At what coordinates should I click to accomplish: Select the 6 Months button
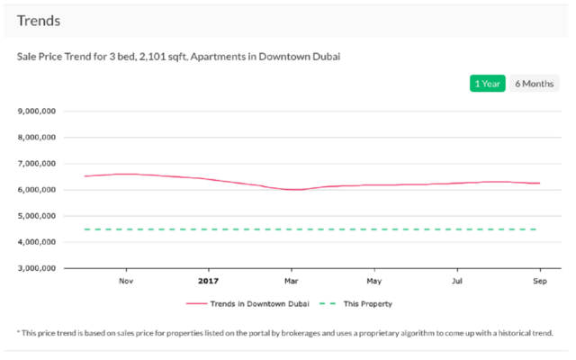[535, 84]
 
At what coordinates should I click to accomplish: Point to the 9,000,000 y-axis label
[38, 112]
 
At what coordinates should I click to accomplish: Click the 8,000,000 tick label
[38, 138]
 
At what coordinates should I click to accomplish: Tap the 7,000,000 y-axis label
[38, 164]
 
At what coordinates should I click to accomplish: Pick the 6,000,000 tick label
[38, 190]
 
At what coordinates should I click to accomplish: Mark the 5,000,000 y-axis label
[38, 216]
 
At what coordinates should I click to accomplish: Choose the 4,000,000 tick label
[38, 242]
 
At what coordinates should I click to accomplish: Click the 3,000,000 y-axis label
[38, 268]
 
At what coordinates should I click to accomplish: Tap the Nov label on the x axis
[125, 281]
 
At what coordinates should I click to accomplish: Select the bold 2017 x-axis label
[208, 281]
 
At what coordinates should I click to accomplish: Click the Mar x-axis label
[291, 281]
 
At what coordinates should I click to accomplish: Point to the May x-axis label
[373, 281]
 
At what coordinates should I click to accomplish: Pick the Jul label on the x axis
[456, 281]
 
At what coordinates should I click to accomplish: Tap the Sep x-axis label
[539, 281]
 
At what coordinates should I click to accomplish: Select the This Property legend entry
[367, 304]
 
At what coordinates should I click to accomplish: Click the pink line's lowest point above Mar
[292, 189]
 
